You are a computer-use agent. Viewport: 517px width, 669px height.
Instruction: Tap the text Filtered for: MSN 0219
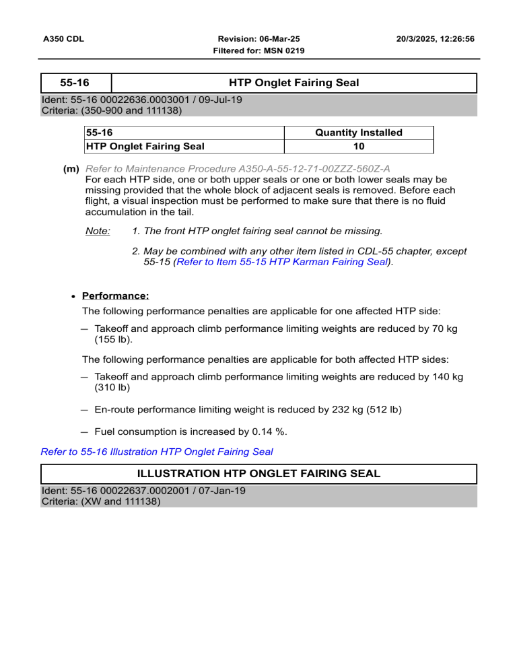259,51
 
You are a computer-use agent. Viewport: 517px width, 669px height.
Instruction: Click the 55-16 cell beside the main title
75,83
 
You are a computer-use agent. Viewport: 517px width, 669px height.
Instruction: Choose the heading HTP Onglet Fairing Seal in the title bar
294,83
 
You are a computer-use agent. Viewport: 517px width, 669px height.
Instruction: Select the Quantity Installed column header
359,133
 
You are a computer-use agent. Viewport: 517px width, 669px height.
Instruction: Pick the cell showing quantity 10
359,145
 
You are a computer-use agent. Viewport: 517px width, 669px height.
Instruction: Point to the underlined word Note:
98,231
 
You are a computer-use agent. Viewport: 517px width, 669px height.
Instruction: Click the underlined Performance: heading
115,295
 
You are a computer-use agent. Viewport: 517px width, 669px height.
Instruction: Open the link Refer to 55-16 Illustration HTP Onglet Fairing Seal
157,452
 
